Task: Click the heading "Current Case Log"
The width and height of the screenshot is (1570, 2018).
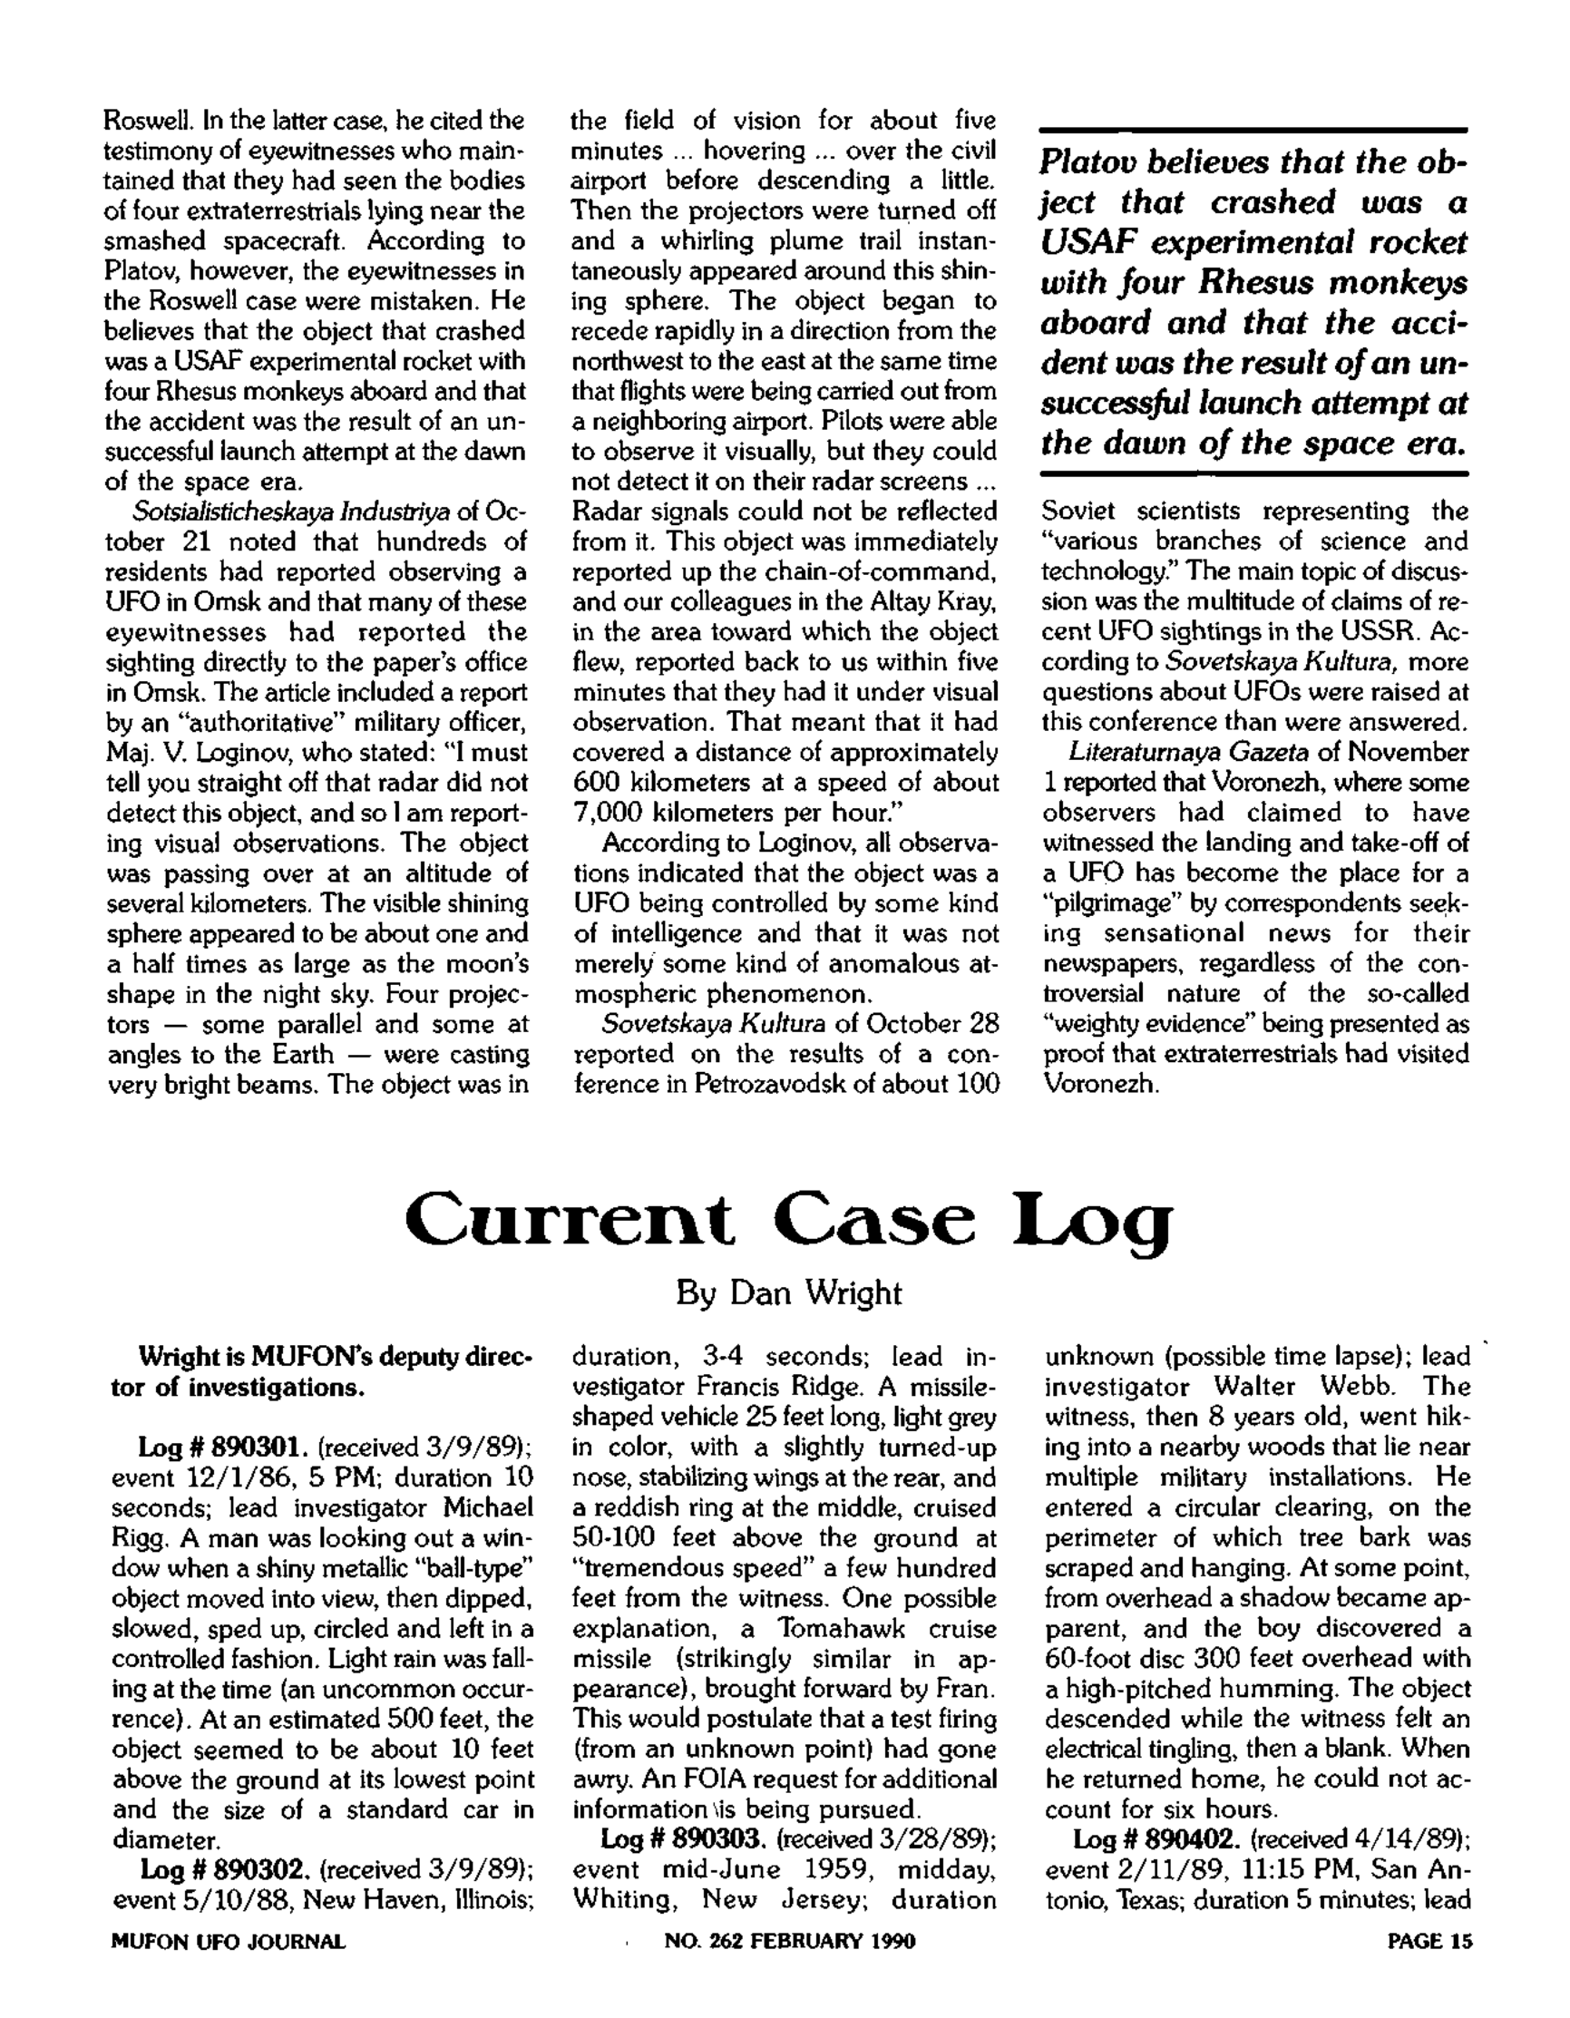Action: [x=787, y=1220]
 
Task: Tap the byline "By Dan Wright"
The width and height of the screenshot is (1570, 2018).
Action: [x=787, y=1292]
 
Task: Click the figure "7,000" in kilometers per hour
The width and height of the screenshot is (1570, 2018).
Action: [x=600, y=813]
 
